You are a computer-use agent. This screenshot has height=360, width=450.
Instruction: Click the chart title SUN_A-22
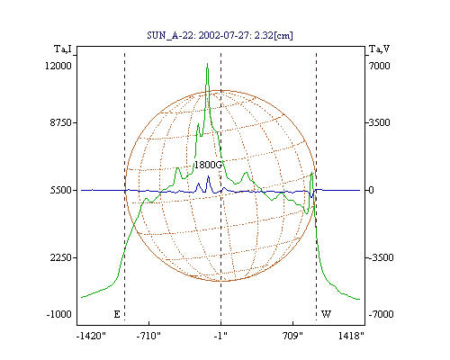point(220,35)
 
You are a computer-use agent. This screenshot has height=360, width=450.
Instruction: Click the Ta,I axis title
point(63,49)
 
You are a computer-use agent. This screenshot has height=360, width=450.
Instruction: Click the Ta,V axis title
point(380,49)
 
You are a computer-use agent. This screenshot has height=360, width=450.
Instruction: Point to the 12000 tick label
point(58,66)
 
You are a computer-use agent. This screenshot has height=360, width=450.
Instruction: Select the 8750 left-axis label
point(60,122)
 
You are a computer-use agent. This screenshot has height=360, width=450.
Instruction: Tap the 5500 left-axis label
point(60,190)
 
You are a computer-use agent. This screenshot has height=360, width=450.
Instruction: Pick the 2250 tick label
point(60,257)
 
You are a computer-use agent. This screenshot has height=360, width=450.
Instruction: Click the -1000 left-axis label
point(59,314)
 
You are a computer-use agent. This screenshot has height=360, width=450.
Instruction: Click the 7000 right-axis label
point(380,66)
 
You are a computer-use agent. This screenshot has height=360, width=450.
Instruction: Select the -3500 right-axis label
point(381,257)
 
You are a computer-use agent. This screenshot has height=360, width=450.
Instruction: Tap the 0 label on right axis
point(371,190)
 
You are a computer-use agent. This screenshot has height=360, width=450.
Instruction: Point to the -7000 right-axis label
point(381,314)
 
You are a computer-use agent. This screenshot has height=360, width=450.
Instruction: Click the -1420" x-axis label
point(91,336)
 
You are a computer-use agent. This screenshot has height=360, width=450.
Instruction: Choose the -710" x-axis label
point(148,336)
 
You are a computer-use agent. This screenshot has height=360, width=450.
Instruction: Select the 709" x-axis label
point(293,336)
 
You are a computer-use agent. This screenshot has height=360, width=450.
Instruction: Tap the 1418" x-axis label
point(351,336)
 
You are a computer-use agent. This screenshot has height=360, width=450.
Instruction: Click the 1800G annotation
point(208,165)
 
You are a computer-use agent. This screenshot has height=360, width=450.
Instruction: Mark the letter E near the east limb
point(117,314)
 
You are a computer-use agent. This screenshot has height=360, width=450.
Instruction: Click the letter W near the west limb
point(326,314)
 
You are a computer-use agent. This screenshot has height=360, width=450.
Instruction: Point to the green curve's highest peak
point(207,64)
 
